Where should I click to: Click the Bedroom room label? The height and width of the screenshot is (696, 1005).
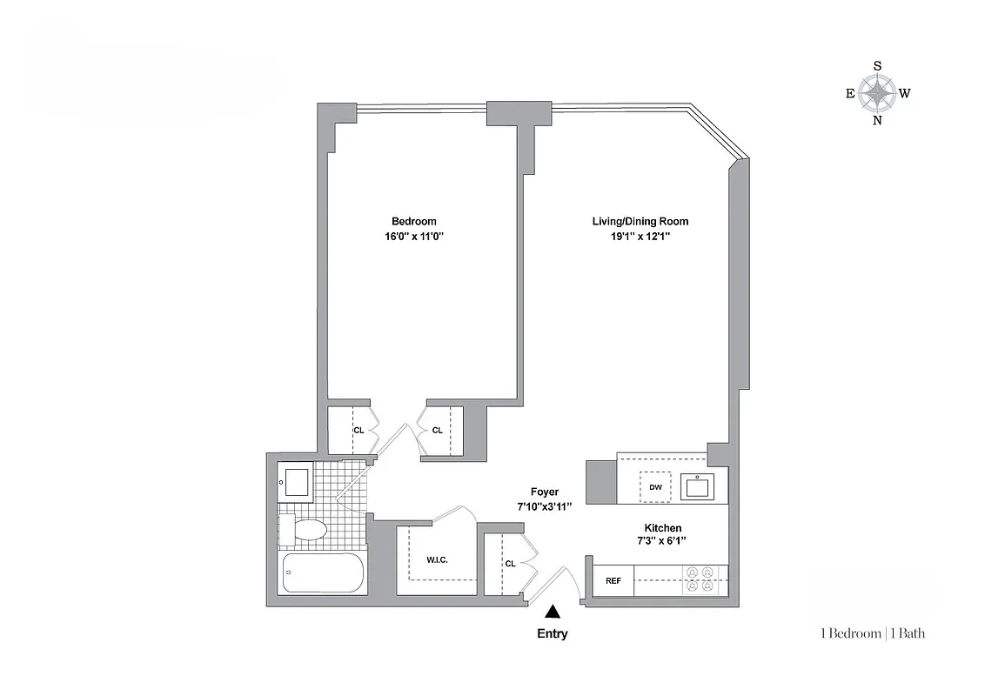tap(413, 221)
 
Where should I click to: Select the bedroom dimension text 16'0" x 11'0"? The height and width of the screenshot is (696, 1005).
tap(413, 236)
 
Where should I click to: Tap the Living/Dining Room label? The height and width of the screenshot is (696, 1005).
tap(640, 221)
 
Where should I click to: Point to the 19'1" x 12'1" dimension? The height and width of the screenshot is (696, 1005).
tap(640, 236)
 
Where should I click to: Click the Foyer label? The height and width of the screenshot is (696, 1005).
tap(545, 492)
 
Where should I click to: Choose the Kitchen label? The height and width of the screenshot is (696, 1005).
tap(662, 528)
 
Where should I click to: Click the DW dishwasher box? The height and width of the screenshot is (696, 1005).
tap(655, 487)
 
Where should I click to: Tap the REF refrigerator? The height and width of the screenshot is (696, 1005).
tap(613, 580)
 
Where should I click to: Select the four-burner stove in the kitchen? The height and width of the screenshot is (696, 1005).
tap(700, 579)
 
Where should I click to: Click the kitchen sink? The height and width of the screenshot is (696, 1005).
tap(698, 486)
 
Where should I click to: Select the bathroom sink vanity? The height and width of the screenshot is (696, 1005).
tap(295, 481)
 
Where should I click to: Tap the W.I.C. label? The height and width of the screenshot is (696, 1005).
tap(437, 559)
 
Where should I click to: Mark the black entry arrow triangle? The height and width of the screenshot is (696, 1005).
tap(552, 613)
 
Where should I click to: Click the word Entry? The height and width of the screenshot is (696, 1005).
tap(552, 633)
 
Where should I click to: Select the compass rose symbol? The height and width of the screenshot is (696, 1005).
tap(877, 93)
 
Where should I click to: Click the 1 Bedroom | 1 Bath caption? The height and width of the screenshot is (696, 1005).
tap(872, 633)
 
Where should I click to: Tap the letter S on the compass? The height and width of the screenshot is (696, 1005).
tap(877, 66)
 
